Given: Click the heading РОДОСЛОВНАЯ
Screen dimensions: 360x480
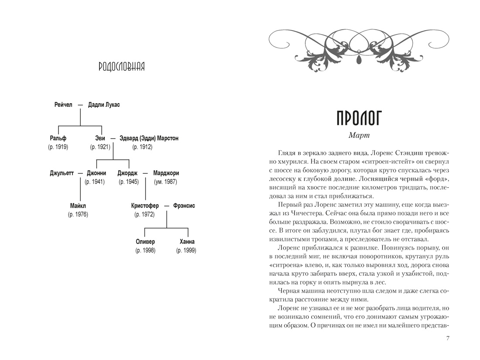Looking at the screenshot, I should click(x=122, y=67).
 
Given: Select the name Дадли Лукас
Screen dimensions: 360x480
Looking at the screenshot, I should click(x=104, y=105).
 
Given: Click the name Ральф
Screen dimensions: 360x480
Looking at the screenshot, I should click(x=58, y=138).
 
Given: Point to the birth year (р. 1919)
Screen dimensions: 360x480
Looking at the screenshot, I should click(x=58, y=147).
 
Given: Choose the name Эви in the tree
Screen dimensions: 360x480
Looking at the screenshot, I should click(x=100, y=138).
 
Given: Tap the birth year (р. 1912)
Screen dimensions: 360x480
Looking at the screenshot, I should click(x=143, y=147).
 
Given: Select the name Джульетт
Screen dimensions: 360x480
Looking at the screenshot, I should click(x=63, y=173).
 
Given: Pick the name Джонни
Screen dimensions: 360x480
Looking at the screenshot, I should click(x=96, y=173).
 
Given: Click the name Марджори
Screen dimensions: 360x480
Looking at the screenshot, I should click(x=166, y=173).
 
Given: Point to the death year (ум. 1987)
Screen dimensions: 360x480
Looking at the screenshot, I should click(x=166, y=182).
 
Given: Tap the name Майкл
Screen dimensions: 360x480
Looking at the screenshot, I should click(x=78, y=206).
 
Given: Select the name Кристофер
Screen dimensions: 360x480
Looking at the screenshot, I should click(x=145, y=206).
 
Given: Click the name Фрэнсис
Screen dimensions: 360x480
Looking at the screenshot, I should click(x=184, y=206).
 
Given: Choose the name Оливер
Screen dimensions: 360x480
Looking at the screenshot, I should click(x=145, y=242).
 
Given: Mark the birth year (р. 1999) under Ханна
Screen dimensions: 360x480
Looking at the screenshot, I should click(x=186, y=250).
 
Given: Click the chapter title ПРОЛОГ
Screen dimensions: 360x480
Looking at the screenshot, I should click(x=359, y=118).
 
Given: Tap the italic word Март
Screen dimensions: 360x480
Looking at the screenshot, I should click(x=359, y=135).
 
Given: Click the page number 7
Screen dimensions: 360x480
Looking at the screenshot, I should click(x=448, y=339).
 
